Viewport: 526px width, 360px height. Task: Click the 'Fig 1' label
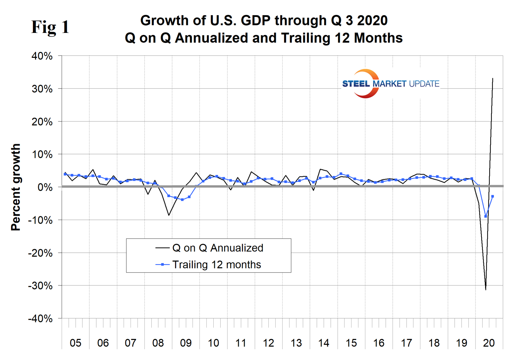tap(50, 27)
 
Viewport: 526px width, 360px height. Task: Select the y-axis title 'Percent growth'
tap(16, 187)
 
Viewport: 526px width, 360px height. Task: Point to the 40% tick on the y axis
tap(42, 56)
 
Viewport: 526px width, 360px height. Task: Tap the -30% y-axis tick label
tap(40, 286)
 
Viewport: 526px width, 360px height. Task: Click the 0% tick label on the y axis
tap(45, 187)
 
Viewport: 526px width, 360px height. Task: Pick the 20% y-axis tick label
tap(42, 122)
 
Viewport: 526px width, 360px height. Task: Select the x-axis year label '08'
tap(158, 343)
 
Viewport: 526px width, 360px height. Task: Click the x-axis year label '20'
tap(489, 343)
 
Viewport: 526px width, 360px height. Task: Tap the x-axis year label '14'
tap(323, 343)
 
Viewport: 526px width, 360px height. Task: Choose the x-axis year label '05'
tap(75, 343)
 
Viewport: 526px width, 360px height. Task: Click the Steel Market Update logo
tap(390, 83)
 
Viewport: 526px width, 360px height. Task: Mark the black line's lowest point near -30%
tap(486, 289)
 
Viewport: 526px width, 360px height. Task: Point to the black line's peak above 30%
tap(493, 79)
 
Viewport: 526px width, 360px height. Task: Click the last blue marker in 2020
tap(493, 196)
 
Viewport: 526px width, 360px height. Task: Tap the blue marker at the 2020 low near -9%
tap(486, 216)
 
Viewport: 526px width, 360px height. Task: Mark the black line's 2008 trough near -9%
tap(169, 215)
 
